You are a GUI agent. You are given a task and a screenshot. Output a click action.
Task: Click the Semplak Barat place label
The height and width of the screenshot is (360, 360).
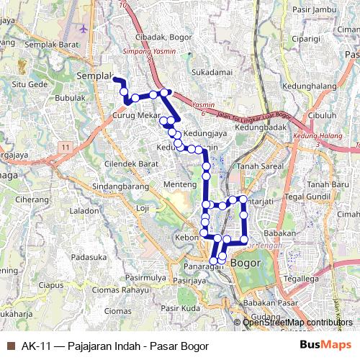point(51,44)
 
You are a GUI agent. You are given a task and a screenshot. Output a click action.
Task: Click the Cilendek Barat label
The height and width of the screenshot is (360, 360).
point(131,164)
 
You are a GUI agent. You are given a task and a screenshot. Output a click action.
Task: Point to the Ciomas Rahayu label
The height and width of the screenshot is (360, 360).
point(118,291)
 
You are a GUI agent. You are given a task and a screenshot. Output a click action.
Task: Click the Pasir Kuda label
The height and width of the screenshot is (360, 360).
point(180,308)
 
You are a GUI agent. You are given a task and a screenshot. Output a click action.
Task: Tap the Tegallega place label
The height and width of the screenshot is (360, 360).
point(301,279)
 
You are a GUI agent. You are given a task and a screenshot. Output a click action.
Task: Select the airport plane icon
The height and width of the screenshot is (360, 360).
point(84,28)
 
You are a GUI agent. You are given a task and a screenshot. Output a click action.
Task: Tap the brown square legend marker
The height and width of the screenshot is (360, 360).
point(11,346)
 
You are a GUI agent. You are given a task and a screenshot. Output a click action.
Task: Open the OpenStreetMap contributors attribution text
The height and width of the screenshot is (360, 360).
point(297,323)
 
